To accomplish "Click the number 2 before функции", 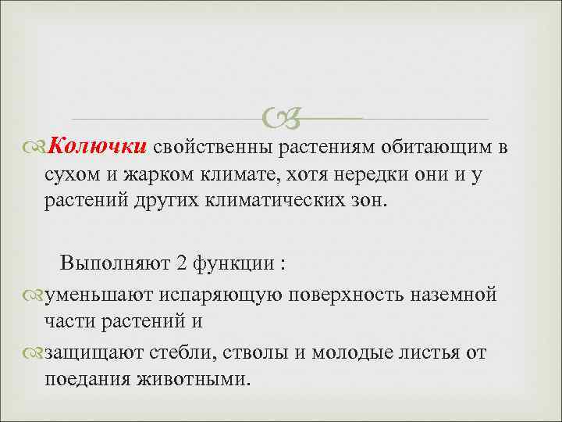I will pyautogui.click(x=181, y=262).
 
